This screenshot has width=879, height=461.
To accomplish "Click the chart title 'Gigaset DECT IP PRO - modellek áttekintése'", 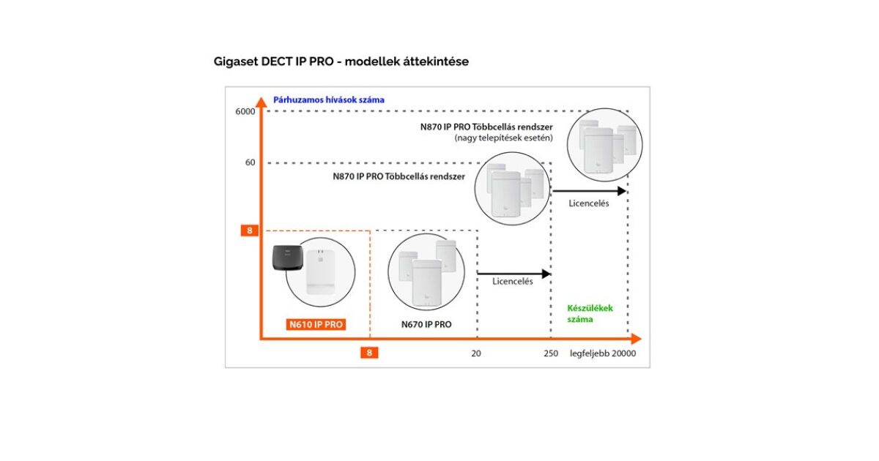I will coord(341,61).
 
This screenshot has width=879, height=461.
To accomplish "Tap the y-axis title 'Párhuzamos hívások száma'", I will coord(328,100).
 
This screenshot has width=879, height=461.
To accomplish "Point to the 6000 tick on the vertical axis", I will coord(245,111).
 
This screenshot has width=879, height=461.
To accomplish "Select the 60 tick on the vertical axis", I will coord(250,162).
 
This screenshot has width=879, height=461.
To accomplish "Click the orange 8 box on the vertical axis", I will coord(250,230).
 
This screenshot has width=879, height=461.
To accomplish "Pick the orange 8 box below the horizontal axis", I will coord(369,353).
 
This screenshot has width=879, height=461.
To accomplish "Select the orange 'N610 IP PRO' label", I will coord(316,324).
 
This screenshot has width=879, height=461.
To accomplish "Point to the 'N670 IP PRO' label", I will coord(426,324).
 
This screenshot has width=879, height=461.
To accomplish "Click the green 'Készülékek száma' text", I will coord(590,313).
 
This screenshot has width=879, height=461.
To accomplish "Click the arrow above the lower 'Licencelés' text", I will coord(513,274).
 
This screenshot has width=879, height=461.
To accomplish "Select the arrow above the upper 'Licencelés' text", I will coord(590,191).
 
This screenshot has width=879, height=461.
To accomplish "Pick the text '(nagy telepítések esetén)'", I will coord(503,138).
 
